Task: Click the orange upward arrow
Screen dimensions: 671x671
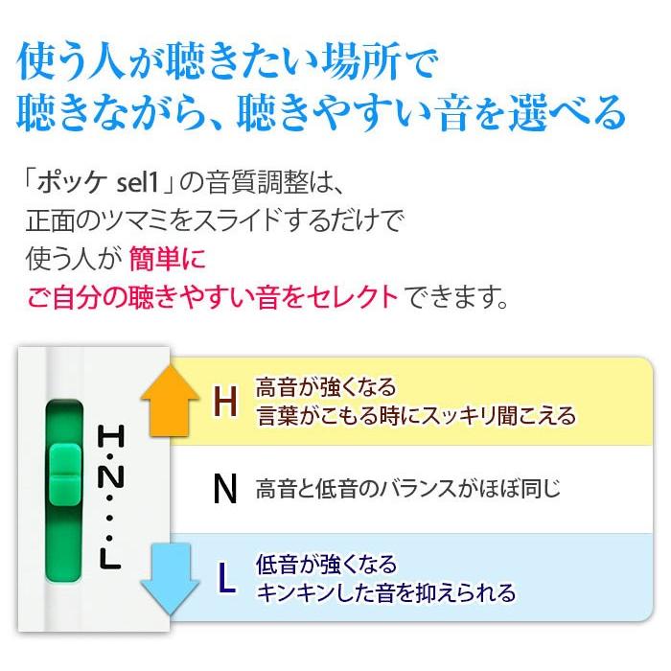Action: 170,401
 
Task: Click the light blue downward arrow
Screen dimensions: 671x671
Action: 170,579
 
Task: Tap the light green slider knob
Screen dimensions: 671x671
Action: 65,474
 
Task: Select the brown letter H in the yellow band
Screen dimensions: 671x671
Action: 225,402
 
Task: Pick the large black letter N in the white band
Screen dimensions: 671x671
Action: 225,489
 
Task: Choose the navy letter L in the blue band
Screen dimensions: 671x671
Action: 227,579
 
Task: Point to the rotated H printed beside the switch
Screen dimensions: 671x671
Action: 111,436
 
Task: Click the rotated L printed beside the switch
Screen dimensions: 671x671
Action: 110,559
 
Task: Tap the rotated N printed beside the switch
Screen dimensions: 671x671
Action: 111,476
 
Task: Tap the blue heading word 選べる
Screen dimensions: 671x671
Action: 567,112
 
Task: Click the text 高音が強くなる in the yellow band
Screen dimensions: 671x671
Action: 326,387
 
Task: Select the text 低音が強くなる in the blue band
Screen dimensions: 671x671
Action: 326,565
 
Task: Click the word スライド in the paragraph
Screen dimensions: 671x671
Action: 241,220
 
